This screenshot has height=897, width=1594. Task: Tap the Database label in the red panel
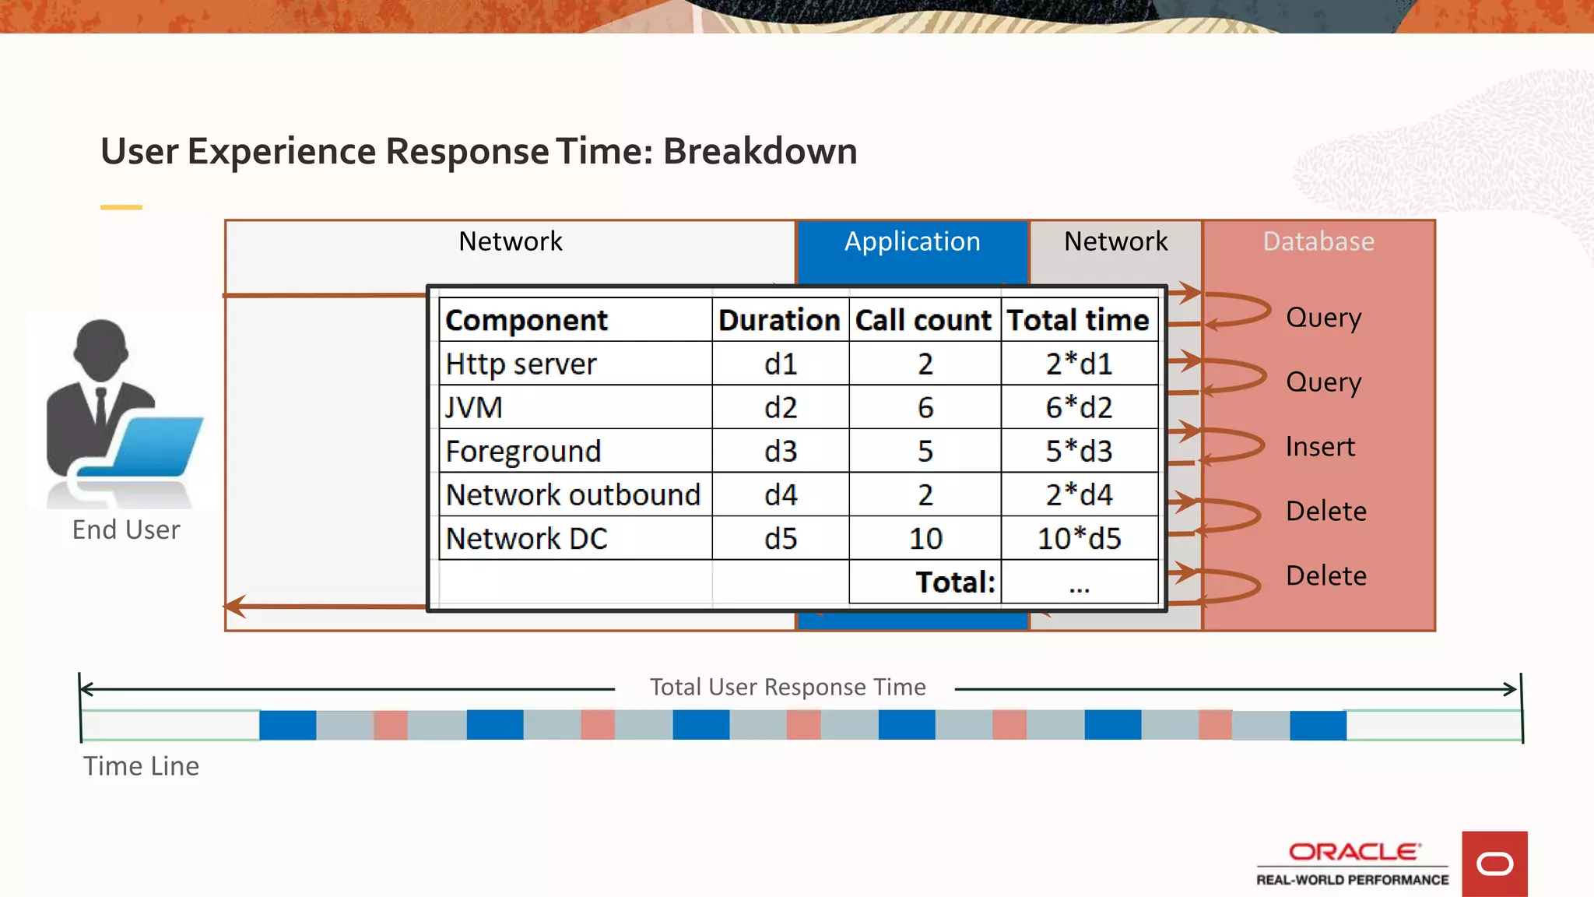click(1318, 241)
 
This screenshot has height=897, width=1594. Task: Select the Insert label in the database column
click(1320, 447)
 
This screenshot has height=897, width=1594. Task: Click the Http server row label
click(521, 364)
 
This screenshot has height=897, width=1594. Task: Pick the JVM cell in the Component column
click(474, 407)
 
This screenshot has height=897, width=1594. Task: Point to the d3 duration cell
click(781, 452)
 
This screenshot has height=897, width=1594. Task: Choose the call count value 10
click(925, 539)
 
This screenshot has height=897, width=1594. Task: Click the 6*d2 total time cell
click(1079, 407)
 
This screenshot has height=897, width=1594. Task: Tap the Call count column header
click(924, 320)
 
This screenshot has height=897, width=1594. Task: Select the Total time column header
click(1078, 320)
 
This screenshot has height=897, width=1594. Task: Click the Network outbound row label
click(573, 495)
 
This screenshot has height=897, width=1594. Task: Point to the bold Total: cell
click(955, 582)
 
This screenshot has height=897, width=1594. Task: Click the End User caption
click(126, 530)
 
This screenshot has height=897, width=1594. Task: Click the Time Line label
click(142, 766)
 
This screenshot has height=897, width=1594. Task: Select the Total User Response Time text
click(788, 688)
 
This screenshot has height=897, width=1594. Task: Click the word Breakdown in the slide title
click(760, 151)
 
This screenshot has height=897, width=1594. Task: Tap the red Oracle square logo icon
click(1494, 864)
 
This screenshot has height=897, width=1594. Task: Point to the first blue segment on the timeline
click(287, 725)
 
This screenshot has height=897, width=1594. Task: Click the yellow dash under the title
click(121, 207)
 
